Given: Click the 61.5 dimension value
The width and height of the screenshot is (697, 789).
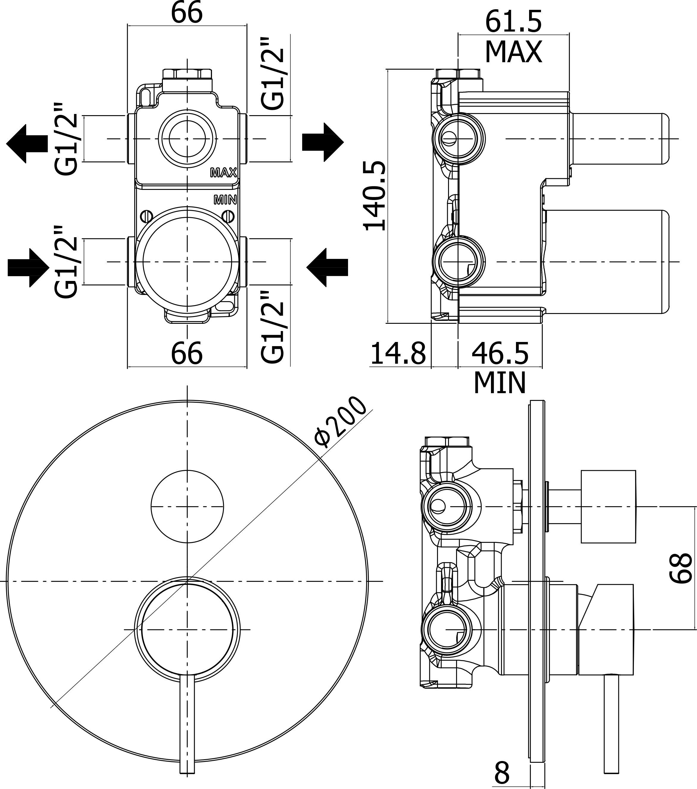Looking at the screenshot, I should [514, 22].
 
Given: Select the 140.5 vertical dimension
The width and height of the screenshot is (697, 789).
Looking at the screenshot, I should [375, 196].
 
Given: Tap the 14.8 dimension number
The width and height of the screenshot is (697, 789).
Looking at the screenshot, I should [398, 353].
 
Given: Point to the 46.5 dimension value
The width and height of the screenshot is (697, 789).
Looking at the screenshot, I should [500, 353].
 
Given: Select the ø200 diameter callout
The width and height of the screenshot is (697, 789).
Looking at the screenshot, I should [340, 421].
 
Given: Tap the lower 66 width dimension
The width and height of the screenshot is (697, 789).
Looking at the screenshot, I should [187, 352].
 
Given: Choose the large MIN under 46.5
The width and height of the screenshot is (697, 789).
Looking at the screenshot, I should [500, 382].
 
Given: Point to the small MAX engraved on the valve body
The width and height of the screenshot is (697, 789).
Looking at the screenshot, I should [223, 173].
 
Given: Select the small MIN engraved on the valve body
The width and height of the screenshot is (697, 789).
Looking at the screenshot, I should [225, 200].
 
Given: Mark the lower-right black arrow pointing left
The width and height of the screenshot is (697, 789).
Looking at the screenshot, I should [328, 267].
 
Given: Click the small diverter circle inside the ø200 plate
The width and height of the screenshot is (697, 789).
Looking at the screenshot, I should [187, 506].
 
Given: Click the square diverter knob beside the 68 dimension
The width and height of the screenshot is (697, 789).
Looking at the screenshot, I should [608, 507].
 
